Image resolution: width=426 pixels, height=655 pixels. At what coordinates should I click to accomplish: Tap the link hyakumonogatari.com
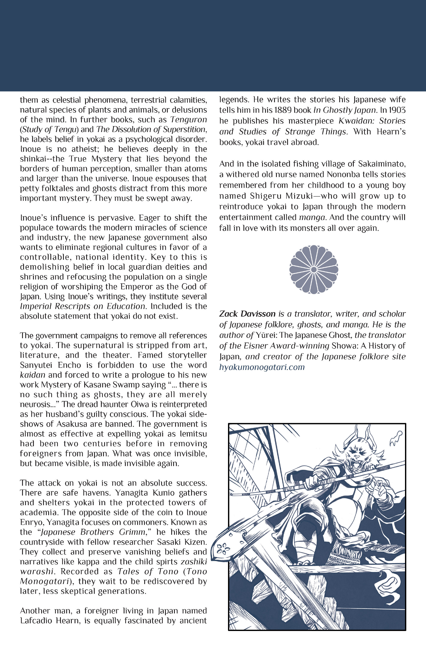pos(262,367)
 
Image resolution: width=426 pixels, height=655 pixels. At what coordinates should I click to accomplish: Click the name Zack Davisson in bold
pos(247,314)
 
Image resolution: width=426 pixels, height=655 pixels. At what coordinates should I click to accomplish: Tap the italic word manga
pos(312,217)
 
